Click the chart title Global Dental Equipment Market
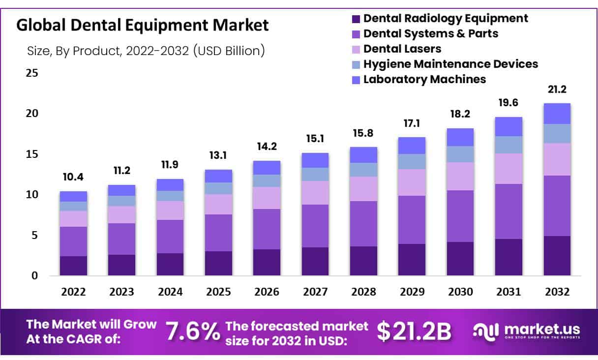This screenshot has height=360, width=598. (x=143, y=26)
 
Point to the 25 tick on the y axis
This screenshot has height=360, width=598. (x=31, y=73)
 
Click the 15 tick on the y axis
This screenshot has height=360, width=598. (x=31, y=154)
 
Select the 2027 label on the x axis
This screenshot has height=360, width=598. (x=315, y=292)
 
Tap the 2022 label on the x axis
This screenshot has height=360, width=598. (x=73, y=292)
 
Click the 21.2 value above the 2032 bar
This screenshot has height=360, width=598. (x=557, y=89)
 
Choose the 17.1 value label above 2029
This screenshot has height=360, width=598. (x=412, y=123)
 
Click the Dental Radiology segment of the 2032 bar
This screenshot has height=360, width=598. (x=557, y=256)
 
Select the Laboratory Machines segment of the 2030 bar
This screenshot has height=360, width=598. (x=460, y=137)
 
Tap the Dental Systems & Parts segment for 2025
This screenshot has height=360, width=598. (x=218, y=233)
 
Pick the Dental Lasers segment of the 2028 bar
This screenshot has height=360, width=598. (x=363, y=189)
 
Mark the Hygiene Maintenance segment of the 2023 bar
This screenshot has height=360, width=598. (x=121, y=201)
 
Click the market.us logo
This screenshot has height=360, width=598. (x=526, y=331)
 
